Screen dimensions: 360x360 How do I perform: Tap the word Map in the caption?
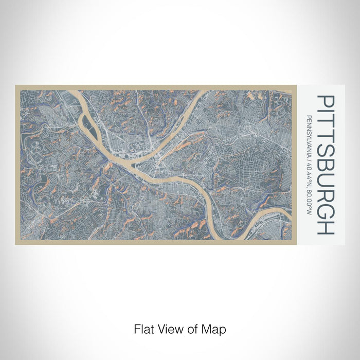pos(215,328)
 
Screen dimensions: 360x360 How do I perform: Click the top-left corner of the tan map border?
pos(16,86)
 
